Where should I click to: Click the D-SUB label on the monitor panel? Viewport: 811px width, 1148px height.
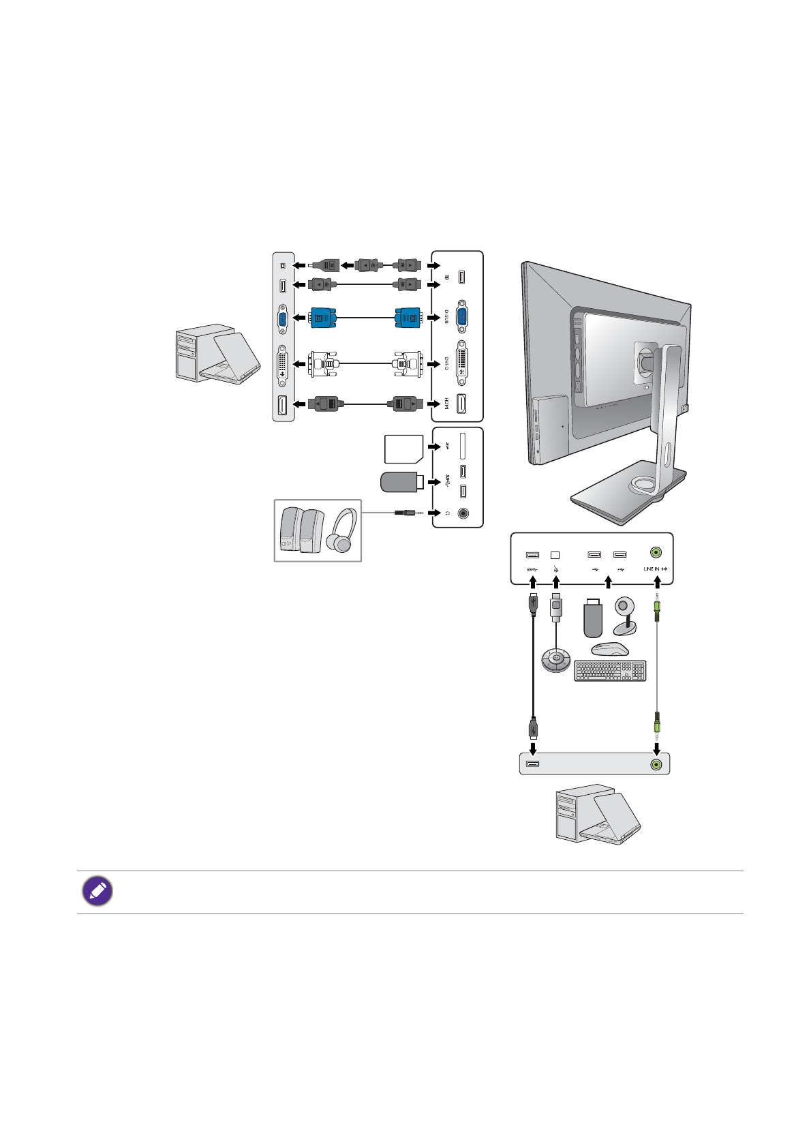[x=446, y=317]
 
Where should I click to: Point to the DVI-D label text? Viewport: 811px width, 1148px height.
[x=446, y=363]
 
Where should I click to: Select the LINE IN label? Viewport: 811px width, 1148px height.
[x=652, y=569]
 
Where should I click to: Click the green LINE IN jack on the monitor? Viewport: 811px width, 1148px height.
[x=656, y=552]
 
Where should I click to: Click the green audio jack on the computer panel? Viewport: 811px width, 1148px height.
[x=656, y=764]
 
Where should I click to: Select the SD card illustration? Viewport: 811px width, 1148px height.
[x=403, y=449]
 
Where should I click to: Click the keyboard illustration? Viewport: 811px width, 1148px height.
[x=610, y=671]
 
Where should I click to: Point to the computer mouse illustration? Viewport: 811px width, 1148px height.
[x=610, y=648]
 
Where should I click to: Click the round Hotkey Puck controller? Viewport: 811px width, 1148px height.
[x=555, y=660]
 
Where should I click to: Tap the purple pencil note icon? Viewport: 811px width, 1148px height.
[x=97, y=892]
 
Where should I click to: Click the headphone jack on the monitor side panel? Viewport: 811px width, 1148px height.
[x=463, y=513]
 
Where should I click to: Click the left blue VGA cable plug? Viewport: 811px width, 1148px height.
[x=323, y=318]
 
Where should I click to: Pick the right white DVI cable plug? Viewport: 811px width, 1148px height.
[x=408, y=363]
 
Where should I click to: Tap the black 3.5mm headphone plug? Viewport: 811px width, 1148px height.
[x=406, y=513]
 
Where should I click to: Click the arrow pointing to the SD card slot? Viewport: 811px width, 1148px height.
[x=433, y=447]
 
